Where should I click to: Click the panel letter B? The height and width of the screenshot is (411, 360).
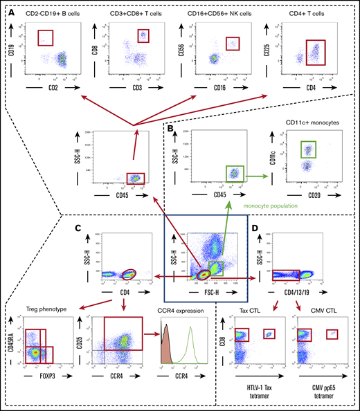click(x=170, y=129)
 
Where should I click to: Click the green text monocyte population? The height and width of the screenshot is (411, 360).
click(x=271, y=205)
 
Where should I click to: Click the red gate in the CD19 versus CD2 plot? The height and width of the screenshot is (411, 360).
click(x=46, y=37)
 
